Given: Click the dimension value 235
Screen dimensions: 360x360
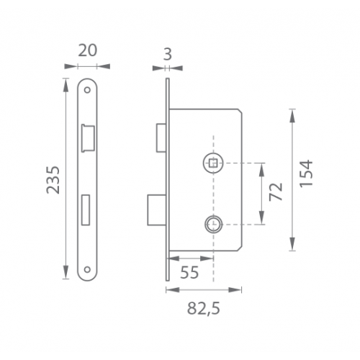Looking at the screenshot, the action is (x=53, y=179).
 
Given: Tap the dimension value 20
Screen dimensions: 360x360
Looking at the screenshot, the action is (x=88, y=50).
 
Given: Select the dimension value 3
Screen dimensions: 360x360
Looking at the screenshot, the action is (x=167, y=54).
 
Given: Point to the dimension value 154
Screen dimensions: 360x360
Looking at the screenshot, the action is (x=306, y=173).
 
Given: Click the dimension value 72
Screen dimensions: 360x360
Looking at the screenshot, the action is (x=276, y=192).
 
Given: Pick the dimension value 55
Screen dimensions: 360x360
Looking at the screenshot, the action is (x=189, y=272).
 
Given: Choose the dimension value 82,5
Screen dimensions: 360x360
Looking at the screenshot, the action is (x=204, y=308).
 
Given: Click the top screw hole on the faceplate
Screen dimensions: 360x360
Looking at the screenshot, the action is (x=87, y=90).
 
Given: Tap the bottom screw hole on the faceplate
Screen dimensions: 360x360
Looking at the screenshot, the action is (x=87, y=269).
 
